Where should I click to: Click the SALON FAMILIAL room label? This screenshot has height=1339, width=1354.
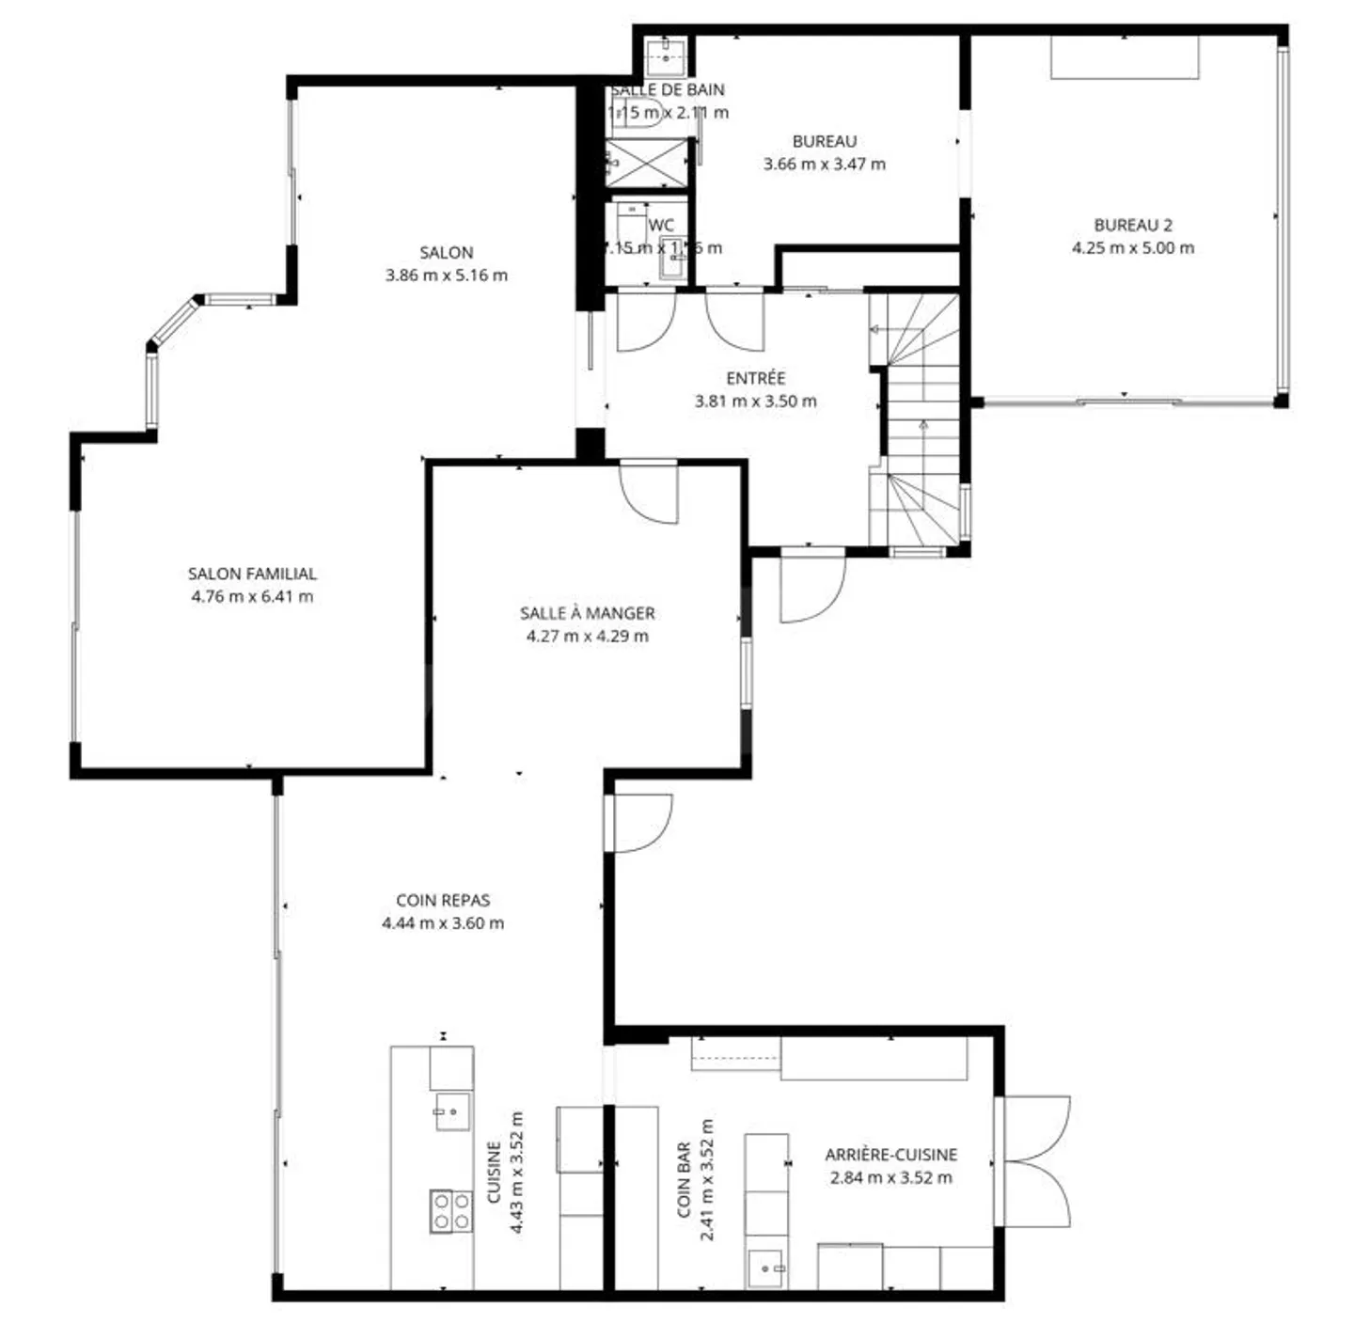tap(252, 574)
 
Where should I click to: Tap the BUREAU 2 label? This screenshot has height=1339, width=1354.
tap(1132, 226)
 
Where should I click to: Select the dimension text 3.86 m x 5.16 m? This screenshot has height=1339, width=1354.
tap(446, 276)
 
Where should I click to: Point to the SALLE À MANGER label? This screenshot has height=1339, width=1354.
tap(587, 613)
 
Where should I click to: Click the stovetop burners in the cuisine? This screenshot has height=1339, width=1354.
tap(450, 1211)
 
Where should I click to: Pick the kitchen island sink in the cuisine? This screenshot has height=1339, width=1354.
tap(451, 1111)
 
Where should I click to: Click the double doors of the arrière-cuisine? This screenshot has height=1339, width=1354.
tap(1032, 1161)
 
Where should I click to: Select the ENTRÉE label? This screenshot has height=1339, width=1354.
tap(755, 378)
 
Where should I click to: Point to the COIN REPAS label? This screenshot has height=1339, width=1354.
tap(442, 901)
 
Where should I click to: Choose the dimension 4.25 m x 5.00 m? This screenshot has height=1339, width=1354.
tap(1132, 248)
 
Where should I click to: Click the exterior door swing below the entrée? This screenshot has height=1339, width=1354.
tap(811, 588)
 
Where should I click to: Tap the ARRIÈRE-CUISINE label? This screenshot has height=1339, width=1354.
tap(890, 1155)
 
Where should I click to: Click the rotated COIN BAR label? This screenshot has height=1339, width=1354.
tap(685, 1179)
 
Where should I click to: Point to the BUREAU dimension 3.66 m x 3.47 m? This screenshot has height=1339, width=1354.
tap(824, 164)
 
